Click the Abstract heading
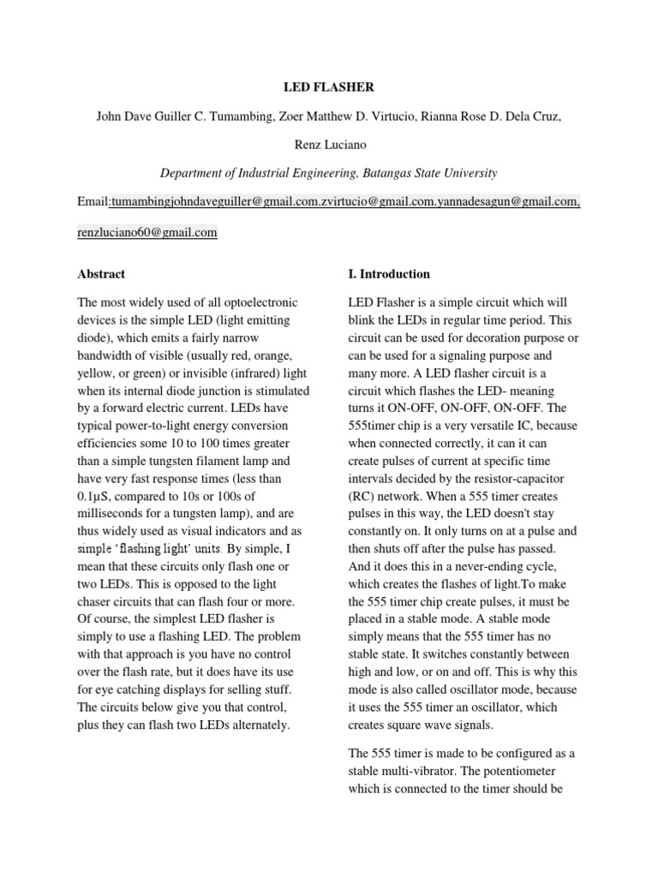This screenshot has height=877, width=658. (101, 274)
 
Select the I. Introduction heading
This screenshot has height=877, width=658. (389, 274)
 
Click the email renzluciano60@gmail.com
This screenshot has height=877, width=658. (147, 232)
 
